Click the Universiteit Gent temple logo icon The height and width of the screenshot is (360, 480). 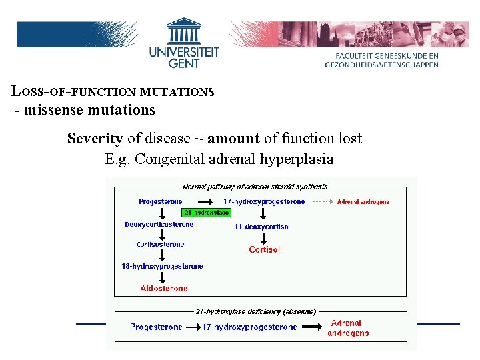[x=184, y=31]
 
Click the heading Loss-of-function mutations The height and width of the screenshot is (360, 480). [x=113, y=91]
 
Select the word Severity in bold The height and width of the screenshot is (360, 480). [x=95, y=139]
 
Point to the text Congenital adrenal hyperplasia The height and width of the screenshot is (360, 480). [x=234, y=159]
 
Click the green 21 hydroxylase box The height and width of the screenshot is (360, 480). [x=206, y=213]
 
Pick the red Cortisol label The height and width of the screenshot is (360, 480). [x=264, y=249]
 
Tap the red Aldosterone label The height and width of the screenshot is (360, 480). [x=164, y=289]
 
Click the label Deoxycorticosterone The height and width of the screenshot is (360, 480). [x=159, y=225]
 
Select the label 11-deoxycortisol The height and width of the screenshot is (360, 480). [x=262, y=227]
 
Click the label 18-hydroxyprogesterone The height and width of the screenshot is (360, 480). [x=162, y=267]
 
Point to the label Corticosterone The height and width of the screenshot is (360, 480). [x=160, y=245]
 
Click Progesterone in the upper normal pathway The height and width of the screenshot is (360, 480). [x=160, y=201]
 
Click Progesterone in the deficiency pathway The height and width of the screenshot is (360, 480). [x=156, y=327]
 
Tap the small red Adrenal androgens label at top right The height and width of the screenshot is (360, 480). [x=363, y=201]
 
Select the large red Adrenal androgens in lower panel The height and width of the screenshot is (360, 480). [x=348, y=328]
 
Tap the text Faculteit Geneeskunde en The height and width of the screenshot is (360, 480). [x=386, y=57]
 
